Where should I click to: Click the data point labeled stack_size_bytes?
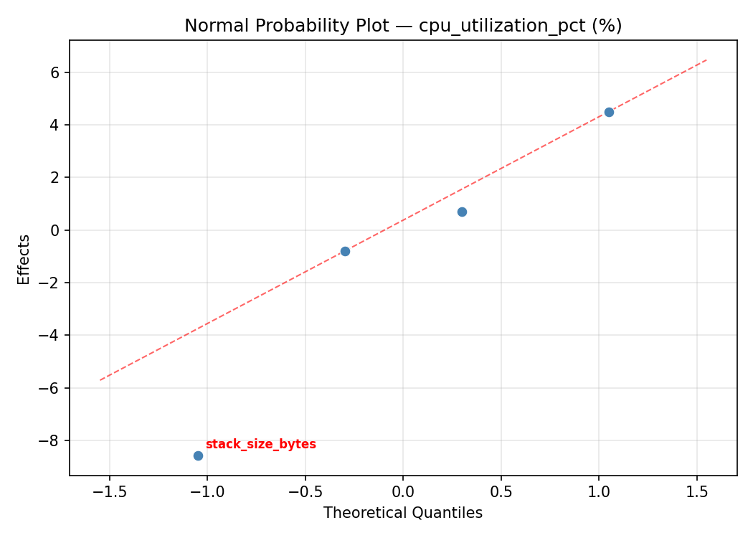click(x=198, y=456)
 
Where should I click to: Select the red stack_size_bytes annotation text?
click(x=260, y=444)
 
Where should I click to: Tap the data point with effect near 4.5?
click(x=609, y=112)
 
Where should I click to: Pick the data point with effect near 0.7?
click(x=462, y=212)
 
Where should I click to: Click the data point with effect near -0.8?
click(x=345, y=251)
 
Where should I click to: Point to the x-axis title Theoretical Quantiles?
click(x=403, y=513)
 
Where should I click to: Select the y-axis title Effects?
click(x=24, y=259)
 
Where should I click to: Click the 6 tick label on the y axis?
click(x=55, y=72)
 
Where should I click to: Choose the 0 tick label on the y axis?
click(x=55, y=230)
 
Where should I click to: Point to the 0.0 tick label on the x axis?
click(x=403, y=493)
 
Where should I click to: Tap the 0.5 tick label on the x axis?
click(x=501, y=493)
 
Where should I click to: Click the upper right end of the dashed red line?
click(x=706, y=60)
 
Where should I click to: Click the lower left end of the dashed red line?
click(x=100, y=379)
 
